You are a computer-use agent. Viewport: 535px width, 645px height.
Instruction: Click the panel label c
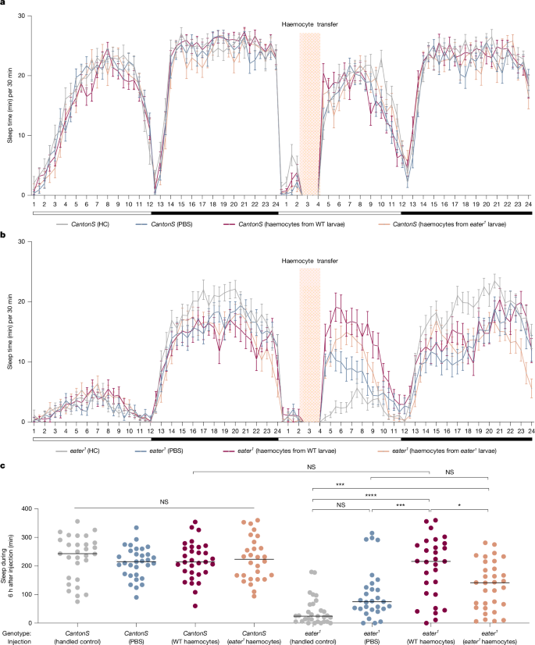[5, 467]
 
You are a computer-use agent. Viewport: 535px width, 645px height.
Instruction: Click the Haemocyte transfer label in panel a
[310, 25]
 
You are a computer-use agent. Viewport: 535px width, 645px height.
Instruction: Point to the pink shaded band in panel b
[310, 344]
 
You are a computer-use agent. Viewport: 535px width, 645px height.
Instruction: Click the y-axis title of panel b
[9, 332]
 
